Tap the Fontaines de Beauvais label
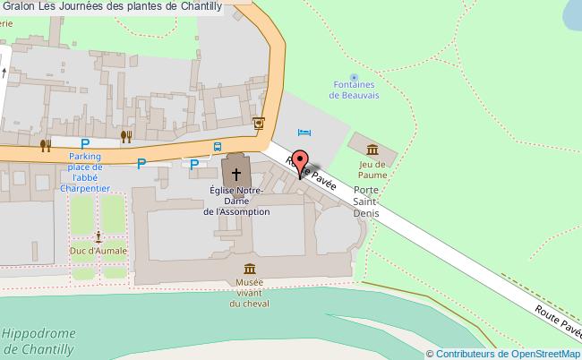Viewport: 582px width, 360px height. (355, 91)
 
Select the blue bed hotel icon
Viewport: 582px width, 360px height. (303, 132)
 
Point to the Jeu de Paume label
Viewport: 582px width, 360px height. (372, 169)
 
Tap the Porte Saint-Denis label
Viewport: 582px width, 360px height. (366, 202)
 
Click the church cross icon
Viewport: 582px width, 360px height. (237, 173)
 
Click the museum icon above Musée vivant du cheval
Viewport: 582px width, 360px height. (248, 269)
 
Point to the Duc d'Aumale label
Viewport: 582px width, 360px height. (98, 252)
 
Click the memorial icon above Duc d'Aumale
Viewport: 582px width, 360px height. (98, 237)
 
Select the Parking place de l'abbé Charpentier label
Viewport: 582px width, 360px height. (85, 173)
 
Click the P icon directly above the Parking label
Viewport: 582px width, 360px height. (86, 143)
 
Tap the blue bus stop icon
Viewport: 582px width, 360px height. (218, 147)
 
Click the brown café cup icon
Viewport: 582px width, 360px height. (259, 123)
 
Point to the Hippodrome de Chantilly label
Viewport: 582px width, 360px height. (38, 341)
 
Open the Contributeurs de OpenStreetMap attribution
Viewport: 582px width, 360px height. (508, 353)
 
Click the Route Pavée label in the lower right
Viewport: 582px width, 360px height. (555, 322)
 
